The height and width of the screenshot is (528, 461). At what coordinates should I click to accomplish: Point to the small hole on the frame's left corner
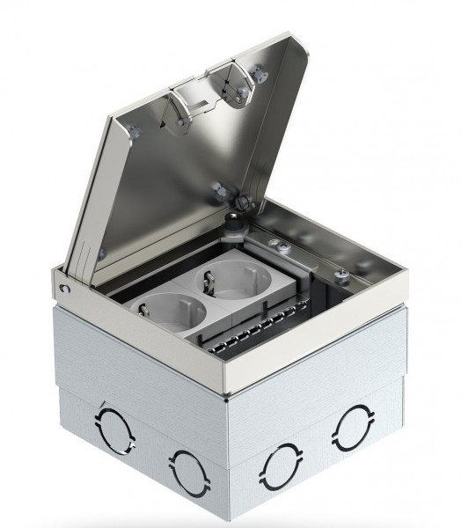pos(64,288)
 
